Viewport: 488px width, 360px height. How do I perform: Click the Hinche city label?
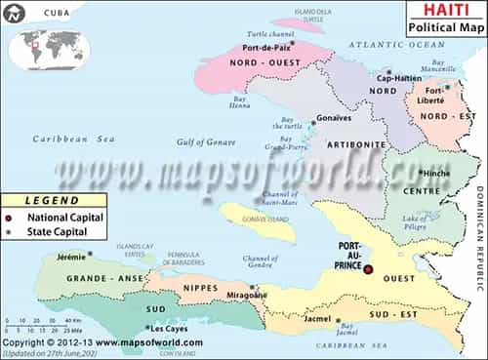(x=431, y=172)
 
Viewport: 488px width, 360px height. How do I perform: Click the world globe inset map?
(x=44, y=42)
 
